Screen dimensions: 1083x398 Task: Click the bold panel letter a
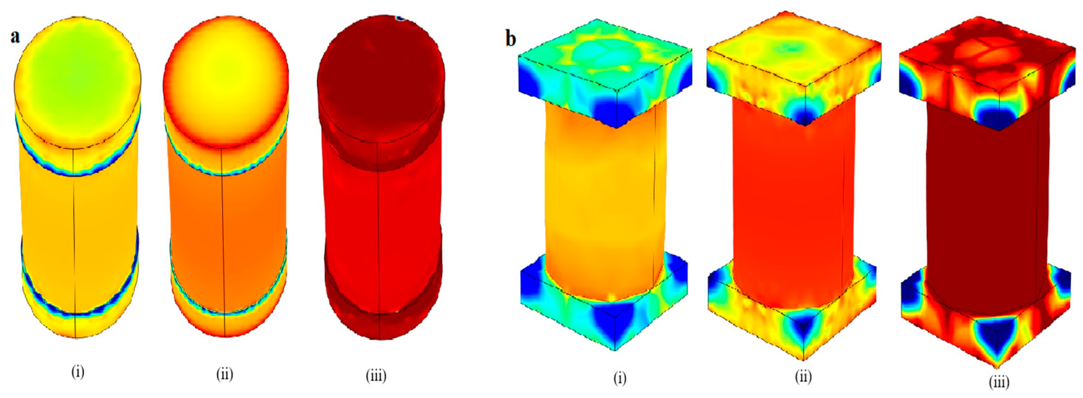(x=16, y=37)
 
